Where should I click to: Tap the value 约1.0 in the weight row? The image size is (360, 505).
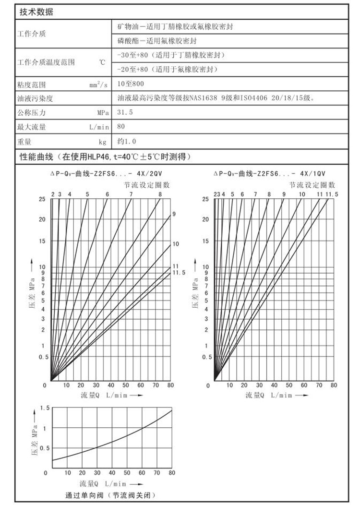[x=127, y=142]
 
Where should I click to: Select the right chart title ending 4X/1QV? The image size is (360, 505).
[x=270, y=174]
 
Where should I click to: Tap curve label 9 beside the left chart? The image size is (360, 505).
[x=174, y=214]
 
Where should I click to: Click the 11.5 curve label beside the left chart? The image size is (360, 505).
[x=179, y=273]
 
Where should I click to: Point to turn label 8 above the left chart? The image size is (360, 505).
[x=160, y=194]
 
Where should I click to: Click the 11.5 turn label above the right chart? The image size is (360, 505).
[x=332, y=194]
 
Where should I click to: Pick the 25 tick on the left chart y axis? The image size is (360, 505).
[x=42, y=199]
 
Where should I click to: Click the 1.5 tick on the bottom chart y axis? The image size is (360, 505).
[x=45, y=408]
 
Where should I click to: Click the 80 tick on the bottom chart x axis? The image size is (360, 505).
[x=171, y=472]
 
